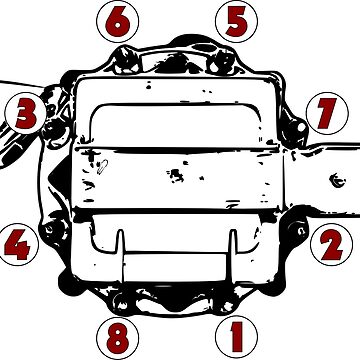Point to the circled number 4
pyautogui.click(x=21, y=241)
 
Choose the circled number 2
pyautogui.click(x=330, y=241)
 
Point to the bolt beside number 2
pyautogui.click(x=296, y=230)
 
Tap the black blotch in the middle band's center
pyautogui.click(x=175, y=175)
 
